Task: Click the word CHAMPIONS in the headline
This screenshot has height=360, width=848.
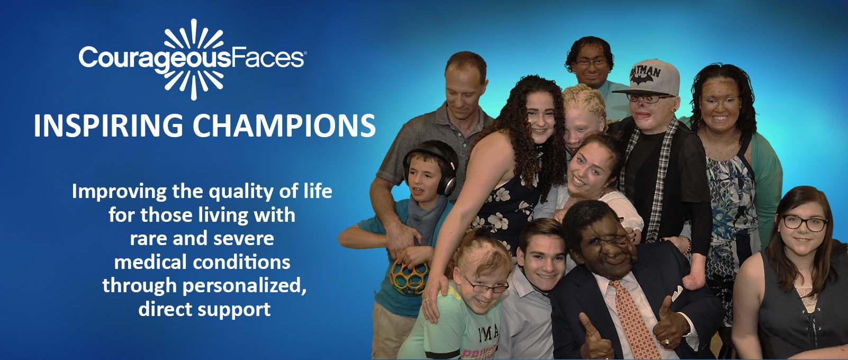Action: [x=284, y=125]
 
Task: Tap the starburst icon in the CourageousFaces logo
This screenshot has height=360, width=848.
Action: [x=193, y=59]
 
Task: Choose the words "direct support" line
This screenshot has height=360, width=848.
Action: [x=204, y=309]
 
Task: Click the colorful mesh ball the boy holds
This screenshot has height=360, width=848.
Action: [x=409, y=277]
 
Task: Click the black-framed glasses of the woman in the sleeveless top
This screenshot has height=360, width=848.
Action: [x=804, y=223]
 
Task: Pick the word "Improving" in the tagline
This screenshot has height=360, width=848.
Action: [x=119, y=192]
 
